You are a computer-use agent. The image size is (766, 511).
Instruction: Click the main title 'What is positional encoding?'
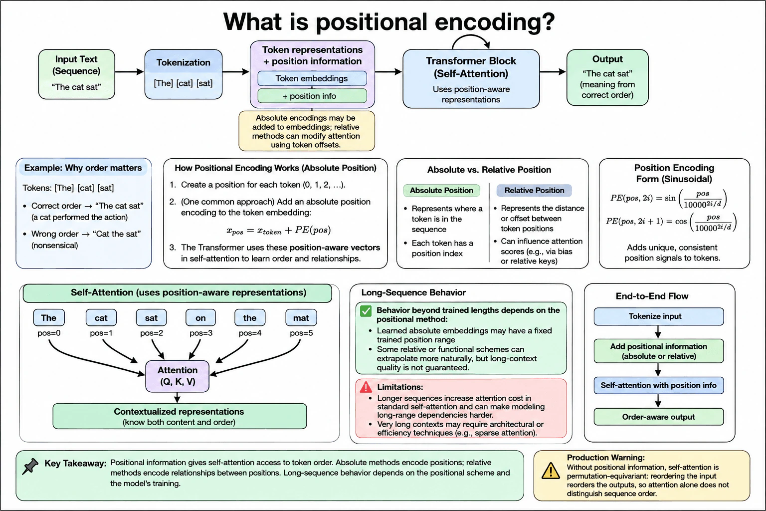[x=389, y=21]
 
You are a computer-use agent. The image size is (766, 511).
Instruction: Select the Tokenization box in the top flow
[x=184, y=74]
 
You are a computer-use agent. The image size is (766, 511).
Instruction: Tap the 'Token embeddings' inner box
[x=312, y=78]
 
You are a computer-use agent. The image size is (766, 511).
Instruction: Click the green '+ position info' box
[x=312, y=96]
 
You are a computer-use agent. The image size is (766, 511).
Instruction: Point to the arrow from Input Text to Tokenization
[x=129, y=71]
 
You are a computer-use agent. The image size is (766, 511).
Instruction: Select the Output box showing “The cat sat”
[x=607, y=77]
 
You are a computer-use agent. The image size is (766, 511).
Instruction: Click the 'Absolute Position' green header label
[x=441, y=190]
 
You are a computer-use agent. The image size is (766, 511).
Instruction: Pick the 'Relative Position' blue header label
[x=534, y=190]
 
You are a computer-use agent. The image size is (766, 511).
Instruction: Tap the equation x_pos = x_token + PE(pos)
[x=278, y=230]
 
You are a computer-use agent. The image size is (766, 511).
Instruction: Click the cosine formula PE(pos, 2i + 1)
[x=671, y=222]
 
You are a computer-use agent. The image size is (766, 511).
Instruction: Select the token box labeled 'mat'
[x=301, y=317]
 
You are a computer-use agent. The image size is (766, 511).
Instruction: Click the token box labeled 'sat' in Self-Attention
[x=151, y=317]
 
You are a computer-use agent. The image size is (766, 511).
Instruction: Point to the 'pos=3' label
[x=201, y=333]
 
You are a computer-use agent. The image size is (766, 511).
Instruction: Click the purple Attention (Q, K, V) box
[x=177, y=376]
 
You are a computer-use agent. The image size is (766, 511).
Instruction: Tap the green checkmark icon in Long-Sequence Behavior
[x=366, y=311]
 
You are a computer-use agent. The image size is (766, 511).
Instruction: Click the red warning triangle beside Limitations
[x=366, y=387]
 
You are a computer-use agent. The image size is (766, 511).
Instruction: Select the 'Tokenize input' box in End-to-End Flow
[x=659, y=316]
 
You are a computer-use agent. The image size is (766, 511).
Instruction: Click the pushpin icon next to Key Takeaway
[x=30, y=466]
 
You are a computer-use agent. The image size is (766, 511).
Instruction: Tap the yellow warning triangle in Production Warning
[x=551, y=471]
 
